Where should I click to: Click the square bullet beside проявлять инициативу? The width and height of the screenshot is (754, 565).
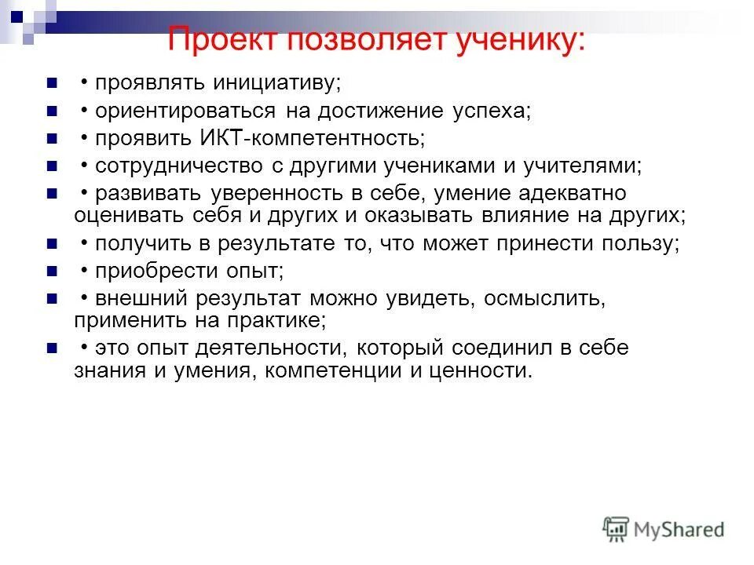click(52, 83)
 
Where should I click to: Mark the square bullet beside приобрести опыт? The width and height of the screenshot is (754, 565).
click(52, 272)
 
